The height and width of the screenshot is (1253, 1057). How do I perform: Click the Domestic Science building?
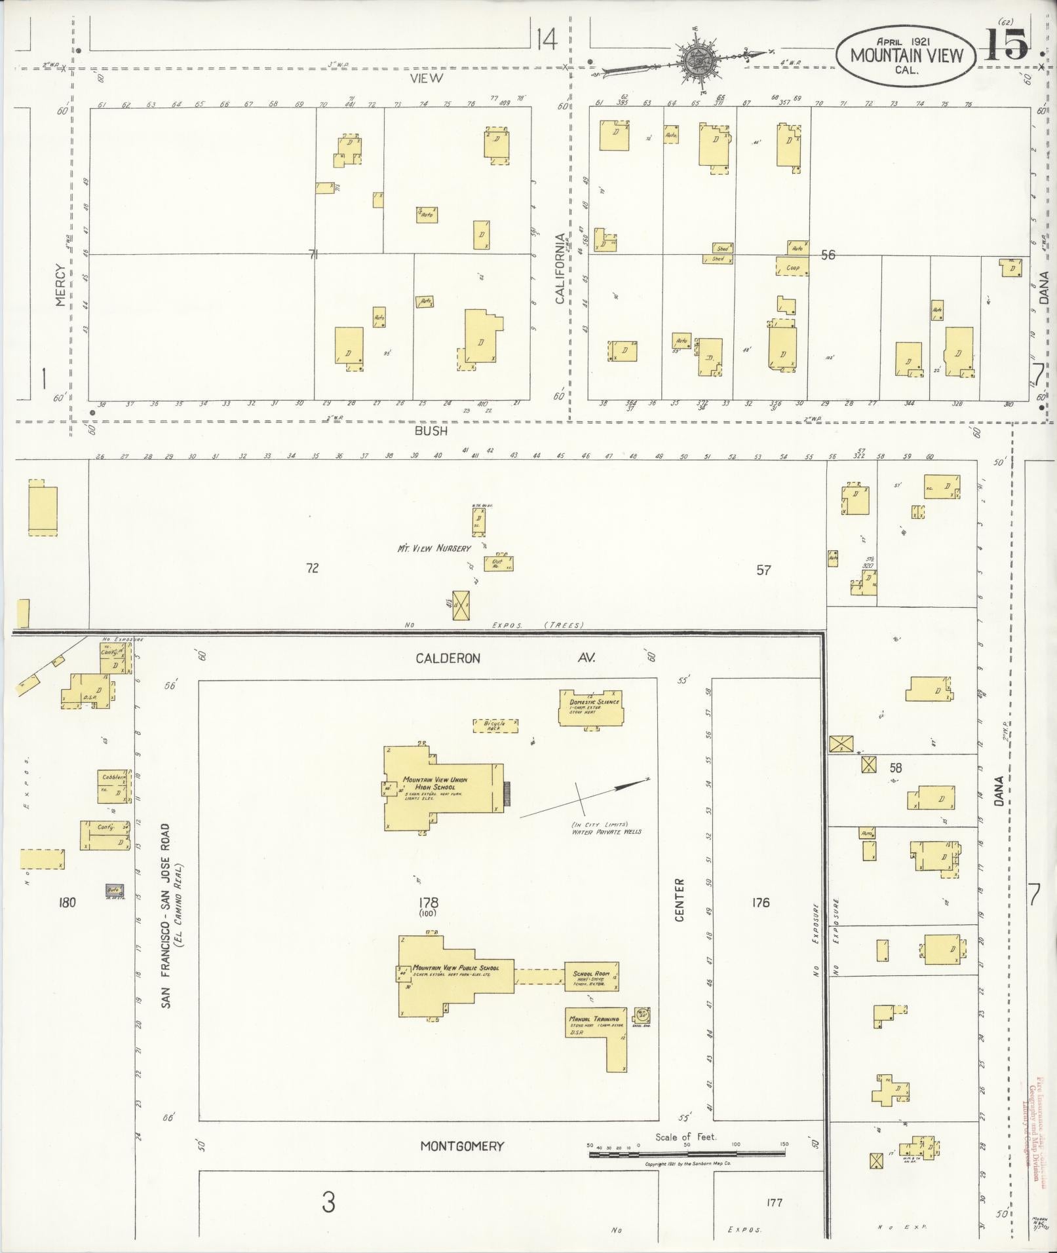590,707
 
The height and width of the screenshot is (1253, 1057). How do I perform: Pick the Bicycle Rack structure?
495,725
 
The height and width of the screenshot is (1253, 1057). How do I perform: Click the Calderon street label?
448,658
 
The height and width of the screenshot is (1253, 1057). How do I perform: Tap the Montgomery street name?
462,1146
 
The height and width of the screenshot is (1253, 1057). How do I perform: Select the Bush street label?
431,431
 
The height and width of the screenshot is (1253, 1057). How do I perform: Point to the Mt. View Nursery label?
434,548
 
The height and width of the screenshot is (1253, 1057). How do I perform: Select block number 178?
429,903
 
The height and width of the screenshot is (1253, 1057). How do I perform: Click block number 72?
312,568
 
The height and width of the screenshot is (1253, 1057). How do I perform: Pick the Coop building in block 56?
792,267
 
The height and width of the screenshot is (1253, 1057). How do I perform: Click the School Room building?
592,977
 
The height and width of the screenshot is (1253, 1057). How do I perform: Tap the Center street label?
679,901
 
